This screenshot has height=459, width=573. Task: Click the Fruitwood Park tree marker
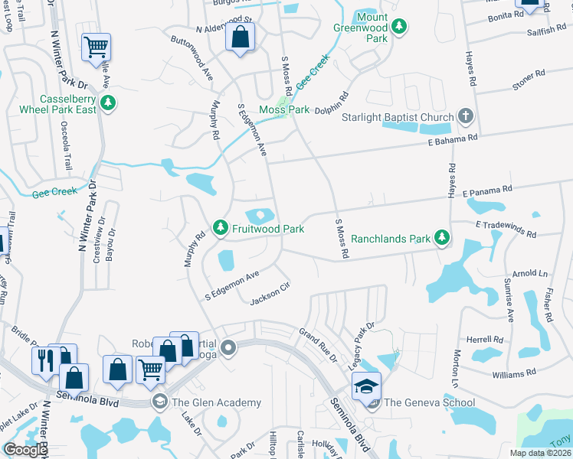[x=221, y=228]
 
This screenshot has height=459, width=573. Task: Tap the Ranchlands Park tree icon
[x=441, y=238]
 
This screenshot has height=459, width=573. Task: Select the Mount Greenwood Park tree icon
[x=398, y=27]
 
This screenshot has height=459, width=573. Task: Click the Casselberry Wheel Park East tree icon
[x=109, y=101]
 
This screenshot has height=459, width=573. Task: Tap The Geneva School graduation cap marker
[x=366, y=386]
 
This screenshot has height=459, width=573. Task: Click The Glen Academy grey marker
[x=160, y=402]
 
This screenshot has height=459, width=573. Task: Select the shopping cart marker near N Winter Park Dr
[x=96, y=47]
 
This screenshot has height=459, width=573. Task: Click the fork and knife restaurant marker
[x=45, y=358]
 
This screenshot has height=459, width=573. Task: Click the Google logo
[x=26, y=450]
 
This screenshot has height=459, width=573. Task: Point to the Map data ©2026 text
[x=540, y=453]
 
